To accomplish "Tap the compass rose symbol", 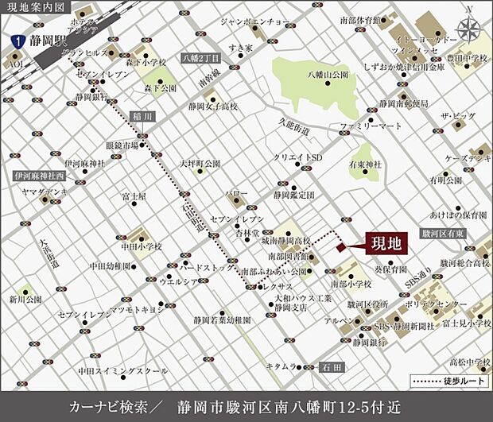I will (x=470, y=29).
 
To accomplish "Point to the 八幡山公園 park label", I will (x=328, y=73).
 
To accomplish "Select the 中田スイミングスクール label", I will (x=122, y=370).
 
